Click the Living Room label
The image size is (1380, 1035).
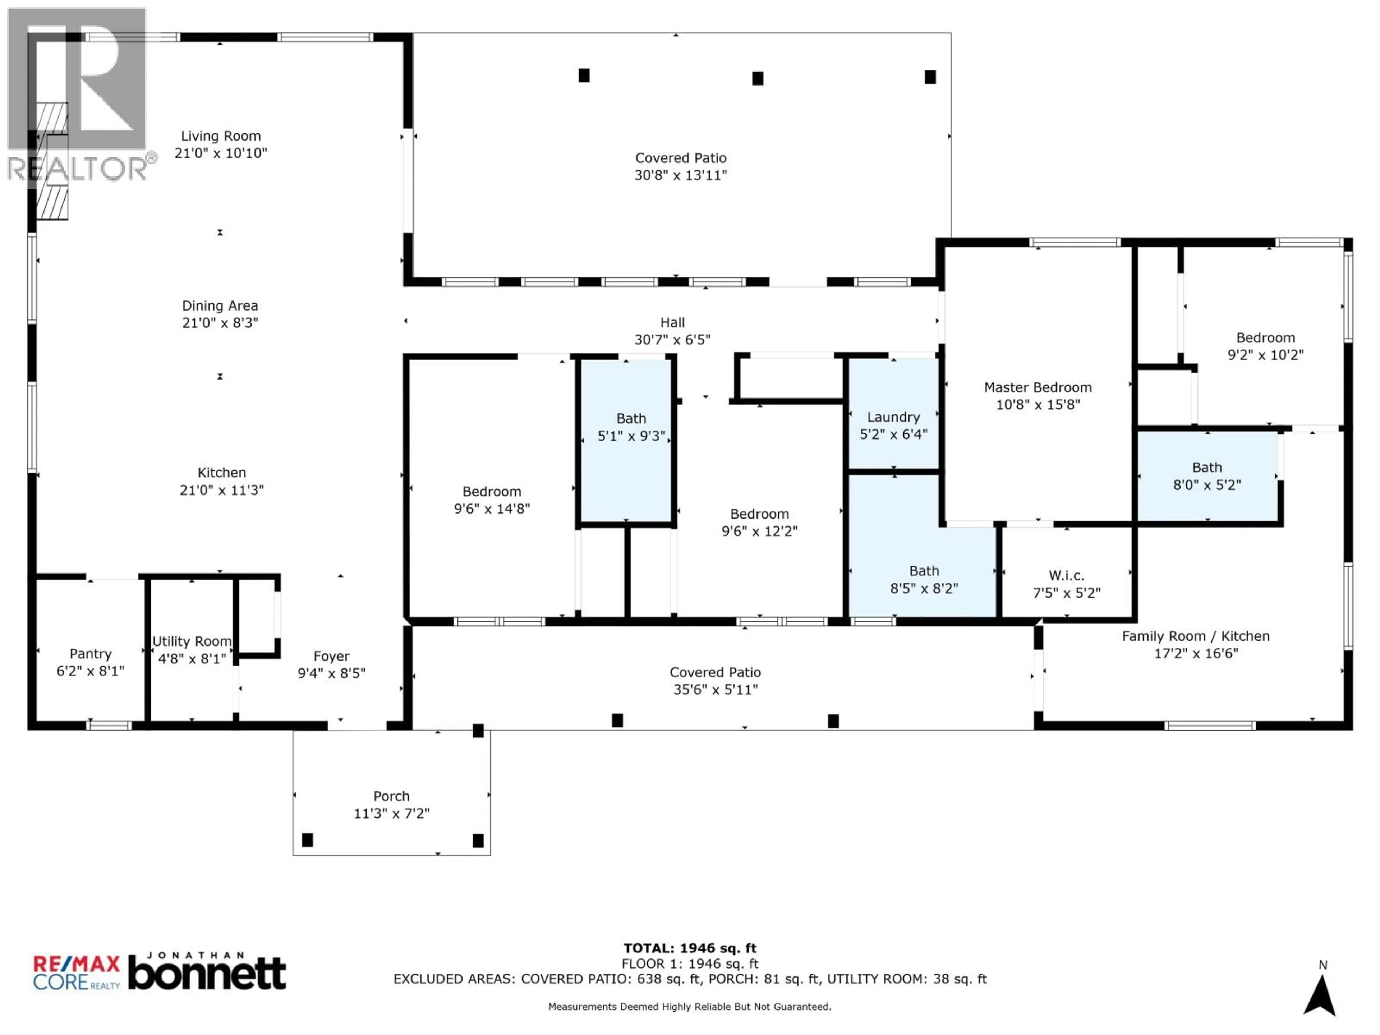point(221,136)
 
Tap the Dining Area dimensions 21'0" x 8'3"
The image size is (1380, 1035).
point(220,323)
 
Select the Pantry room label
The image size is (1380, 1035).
point(91,654)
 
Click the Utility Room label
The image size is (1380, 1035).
point(192,641)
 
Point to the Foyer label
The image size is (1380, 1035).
point(331,656)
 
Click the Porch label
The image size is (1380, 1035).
point(391,796)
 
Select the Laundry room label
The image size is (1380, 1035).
point(893,417)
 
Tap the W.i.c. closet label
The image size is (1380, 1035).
point(1066,575)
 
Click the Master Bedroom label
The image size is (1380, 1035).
point(1038,387)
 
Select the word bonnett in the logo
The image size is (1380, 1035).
point(207,975)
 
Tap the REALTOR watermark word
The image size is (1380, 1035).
point(78,169)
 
